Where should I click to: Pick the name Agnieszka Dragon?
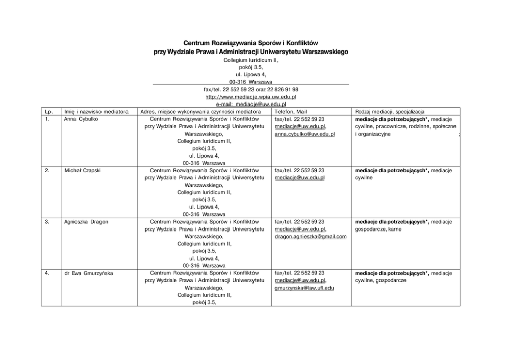86,222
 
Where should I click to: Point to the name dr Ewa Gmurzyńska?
89,273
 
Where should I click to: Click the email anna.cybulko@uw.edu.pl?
304,134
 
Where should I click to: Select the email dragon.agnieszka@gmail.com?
310,237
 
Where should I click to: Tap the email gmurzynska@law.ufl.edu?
303,288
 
